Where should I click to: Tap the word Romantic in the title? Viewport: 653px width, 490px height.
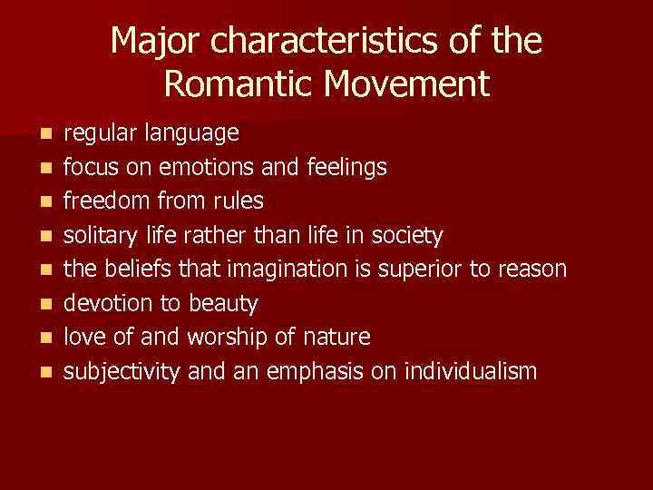235,84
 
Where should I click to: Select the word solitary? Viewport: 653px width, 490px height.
100,236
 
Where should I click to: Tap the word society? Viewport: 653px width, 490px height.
409,236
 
